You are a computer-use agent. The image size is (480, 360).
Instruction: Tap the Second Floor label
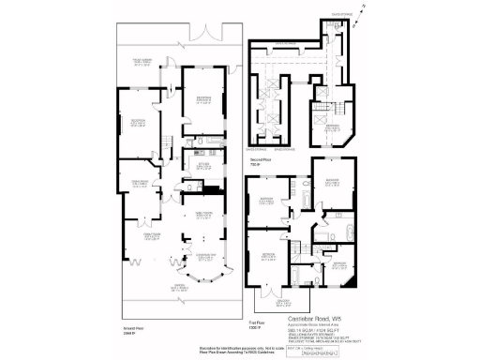click(x=261, y=160)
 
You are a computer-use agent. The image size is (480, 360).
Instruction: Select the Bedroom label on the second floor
click(x=331, y=124)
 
